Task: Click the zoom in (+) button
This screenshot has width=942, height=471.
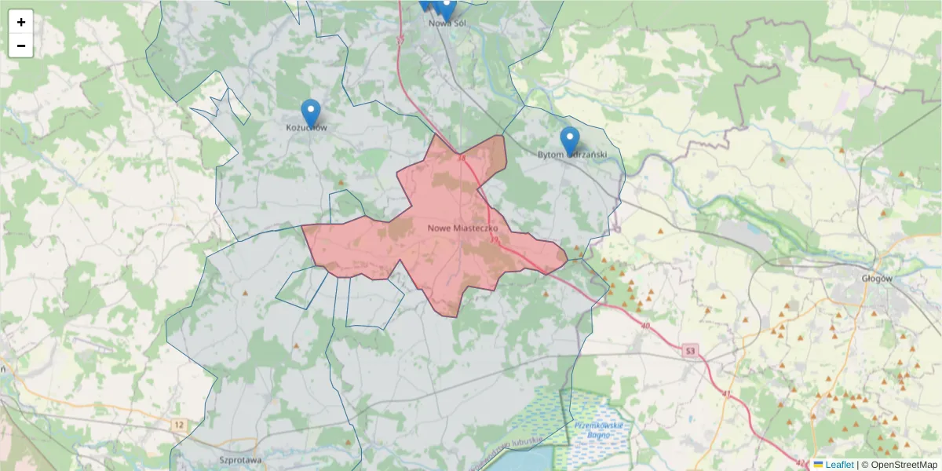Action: point(21,22)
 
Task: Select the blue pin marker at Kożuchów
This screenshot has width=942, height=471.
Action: point(311,112)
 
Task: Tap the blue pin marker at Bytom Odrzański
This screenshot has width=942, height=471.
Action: point(570,140)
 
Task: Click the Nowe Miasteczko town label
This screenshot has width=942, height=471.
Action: point(458,228)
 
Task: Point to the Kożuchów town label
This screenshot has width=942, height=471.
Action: point(306,127)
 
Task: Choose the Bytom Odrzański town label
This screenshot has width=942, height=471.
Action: point(571,155)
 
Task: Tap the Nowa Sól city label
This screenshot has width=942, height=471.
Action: point(447,23)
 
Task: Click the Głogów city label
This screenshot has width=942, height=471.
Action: point(877,278)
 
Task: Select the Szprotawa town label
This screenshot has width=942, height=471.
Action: point(240,460)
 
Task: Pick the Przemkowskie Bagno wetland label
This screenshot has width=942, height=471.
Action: point(598,430)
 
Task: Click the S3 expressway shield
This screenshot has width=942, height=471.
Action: point(690,350)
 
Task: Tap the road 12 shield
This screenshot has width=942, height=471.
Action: point(180,425)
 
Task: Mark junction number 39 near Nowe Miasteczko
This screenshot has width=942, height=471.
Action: point(495,238)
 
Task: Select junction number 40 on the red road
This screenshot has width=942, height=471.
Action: point(645,324)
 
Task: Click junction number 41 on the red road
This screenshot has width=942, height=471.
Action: point(725,393)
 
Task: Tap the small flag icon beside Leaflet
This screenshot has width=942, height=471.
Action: point(819,465)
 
